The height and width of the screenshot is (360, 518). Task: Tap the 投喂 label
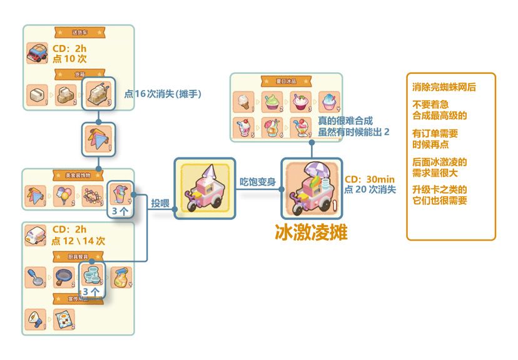pos(159,202)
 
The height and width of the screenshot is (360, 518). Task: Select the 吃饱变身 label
pos(258,181)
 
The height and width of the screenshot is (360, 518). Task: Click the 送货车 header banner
pos(78,31)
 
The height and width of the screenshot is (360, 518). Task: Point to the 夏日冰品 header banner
pos(285,81)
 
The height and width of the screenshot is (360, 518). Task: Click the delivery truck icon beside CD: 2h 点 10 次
pos(38,52)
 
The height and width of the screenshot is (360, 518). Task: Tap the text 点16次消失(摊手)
pos(163,94)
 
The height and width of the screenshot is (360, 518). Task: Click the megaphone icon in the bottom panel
pos(35,319)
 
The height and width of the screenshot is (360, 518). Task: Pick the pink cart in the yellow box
pos(204,188)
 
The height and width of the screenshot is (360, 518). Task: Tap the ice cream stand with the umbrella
pos(311,188)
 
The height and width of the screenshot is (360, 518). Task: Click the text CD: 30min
pos(369,179)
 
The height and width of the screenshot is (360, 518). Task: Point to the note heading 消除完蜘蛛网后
pos(444,87)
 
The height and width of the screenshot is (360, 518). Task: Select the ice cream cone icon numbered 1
pos(243,101)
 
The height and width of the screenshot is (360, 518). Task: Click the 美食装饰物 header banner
pos(78,176)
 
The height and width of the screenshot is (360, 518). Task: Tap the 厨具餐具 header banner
pos(78,256)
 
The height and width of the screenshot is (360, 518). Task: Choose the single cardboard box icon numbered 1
pos(36,96)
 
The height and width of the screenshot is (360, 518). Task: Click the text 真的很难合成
pos(345,121)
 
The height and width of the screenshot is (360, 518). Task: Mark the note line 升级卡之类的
pos(440,189)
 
